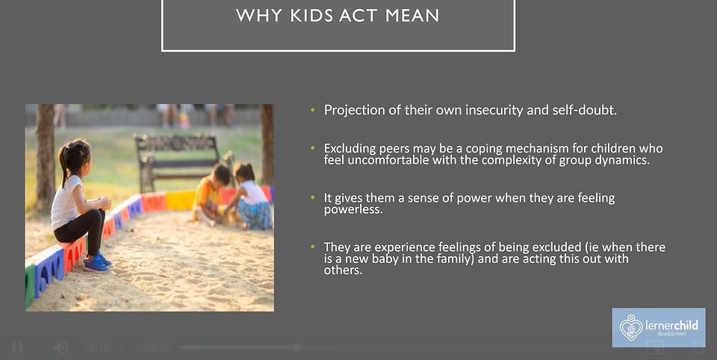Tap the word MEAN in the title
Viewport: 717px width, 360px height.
point(412,16)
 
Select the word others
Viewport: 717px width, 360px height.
point(343,270)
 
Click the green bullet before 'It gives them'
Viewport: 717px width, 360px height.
point(313,198)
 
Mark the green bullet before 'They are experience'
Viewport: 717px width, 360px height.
point(313,247)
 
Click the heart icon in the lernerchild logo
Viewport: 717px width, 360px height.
point(631,328)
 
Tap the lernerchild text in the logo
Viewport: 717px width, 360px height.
point(671,326)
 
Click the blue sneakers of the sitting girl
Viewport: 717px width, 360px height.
point(98,263)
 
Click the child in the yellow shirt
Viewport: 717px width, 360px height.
point(211,194)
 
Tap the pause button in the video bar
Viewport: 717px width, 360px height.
point(17,347)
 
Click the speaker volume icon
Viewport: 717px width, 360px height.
point(60,347)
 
